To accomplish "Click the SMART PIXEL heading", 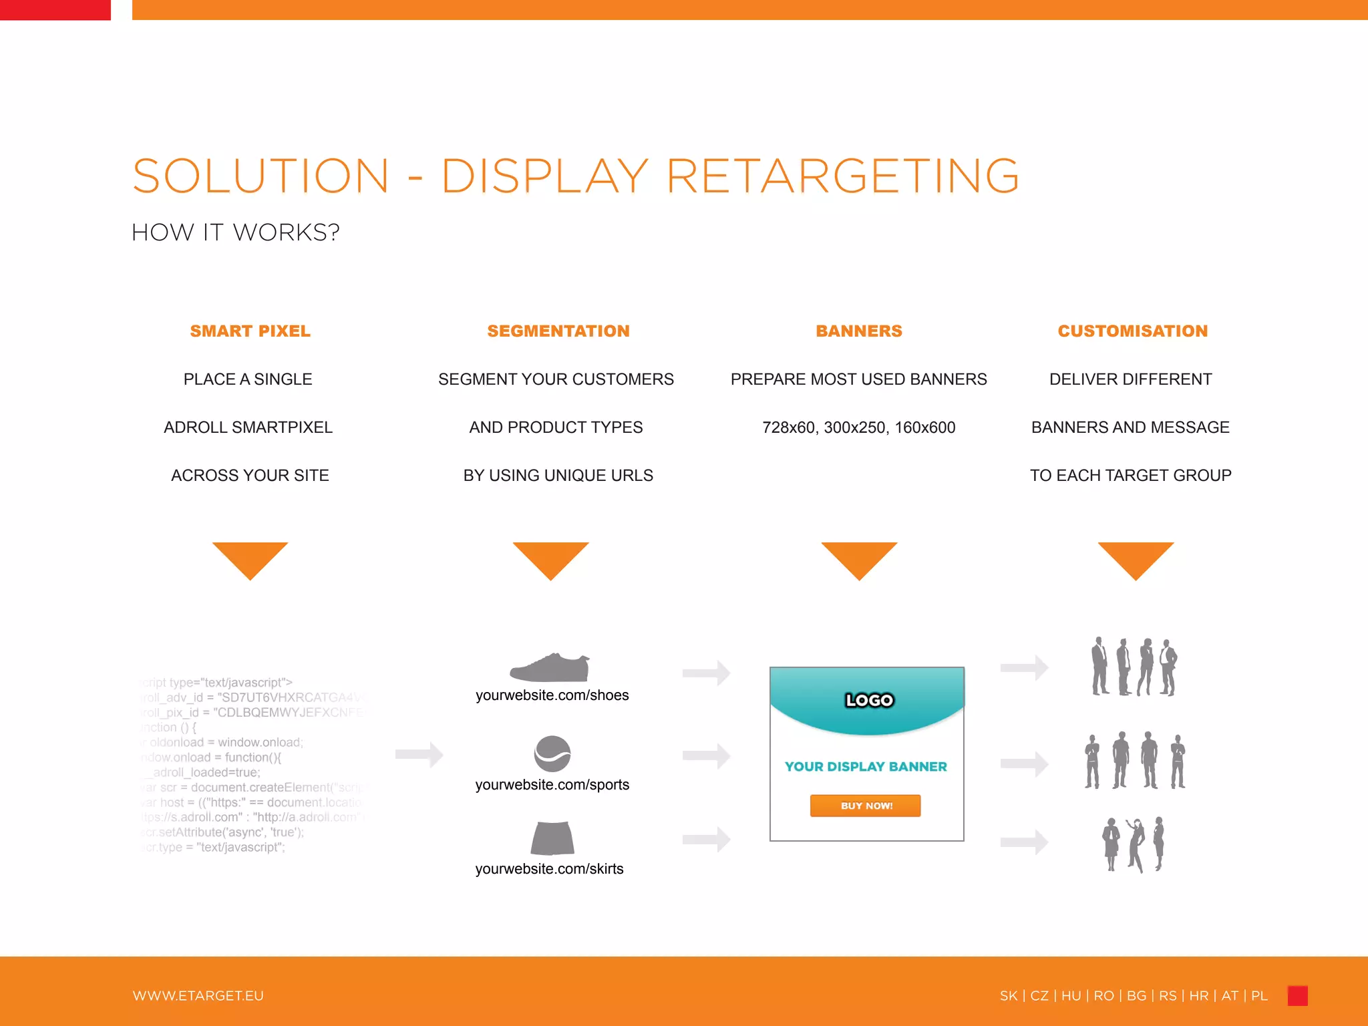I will tap(250, 331).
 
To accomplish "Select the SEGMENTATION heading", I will tap(558, 331).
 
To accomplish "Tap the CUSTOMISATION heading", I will tap(1132, 331).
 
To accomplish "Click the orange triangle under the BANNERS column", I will tap(859, 558).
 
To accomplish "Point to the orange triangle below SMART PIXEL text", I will tap(250, 558).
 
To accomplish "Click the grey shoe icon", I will tap(550, 667).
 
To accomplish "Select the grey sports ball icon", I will tap(552, 753).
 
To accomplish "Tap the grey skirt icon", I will tap(552, 838).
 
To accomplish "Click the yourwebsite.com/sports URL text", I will tap(552, 785).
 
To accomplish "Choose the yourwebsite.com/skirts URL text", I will tap(549, 869).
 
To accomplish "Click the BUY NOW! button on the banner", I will tap(866, 806).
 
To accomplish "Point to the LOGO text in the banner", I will tap(869, 700).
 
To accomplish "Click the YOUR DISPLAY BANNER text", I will tap(866, 767).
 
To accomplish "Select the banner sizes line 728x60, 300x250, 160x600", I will tap(858, 427).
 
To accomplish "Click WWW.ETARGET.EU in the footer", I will tap(198, 996).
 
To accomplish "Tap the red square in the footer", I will tap(1297, 995).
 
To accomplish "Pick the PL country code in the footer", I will tap(1259, 996).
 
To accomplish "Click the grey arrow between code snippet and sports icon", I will tap(419, 755).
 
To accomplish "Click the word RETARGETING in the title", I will tap(842, 176).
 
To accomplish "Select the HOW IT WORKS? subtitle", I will tap(235, 232).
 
